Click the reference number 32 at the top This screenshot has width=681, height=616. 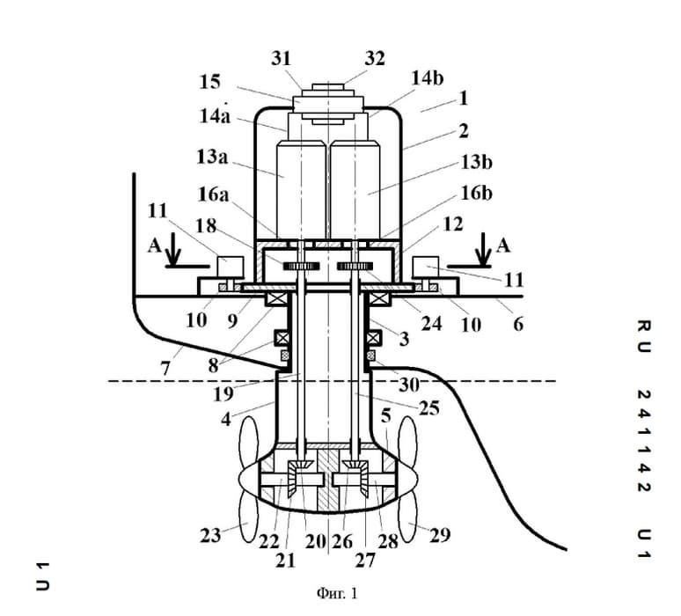coord(375,58)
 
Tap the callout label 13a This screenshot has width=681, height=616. coord(212,157)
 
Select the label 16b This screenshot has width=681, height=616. coord(477,193)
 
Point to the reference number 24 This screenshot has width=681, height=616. coord(431,324)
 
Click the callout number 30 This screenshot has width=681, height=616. coord(408,385)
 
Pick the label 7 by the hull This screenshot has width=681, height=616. coord(165,369)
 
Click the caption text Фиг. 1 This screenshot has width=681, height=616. coord(337,593)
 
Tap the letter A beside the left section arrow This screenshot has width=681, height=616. coord(155,246)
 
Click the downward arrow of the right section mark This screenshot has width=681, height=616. coord(482,249)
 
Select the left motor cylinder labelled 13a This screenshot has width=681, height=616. coord(302,190)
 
